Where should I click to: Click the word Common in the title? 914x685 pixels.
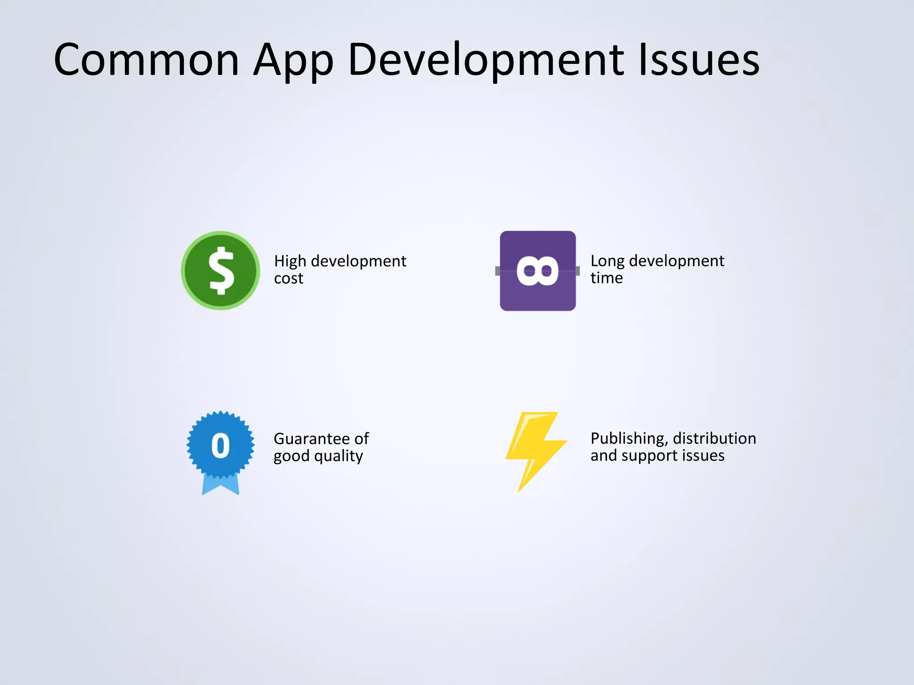[146, 60]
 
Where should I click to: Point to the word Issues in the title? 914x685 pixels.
[698, 60]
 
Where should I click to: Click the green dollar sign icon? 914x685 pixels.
[220, 271]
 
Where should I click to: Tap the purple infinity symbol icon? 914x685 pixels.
[538, 271]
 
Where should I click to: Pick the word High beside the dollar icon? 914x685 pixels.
[290, 261]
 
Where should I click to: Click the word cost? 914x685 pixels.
[288, 279]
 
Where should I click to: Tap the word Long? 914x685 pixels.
[607, 261]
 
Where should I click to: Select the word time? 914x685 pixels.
[607, 278]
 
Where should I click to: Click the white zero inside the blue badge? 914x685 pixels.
[220, 446]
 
